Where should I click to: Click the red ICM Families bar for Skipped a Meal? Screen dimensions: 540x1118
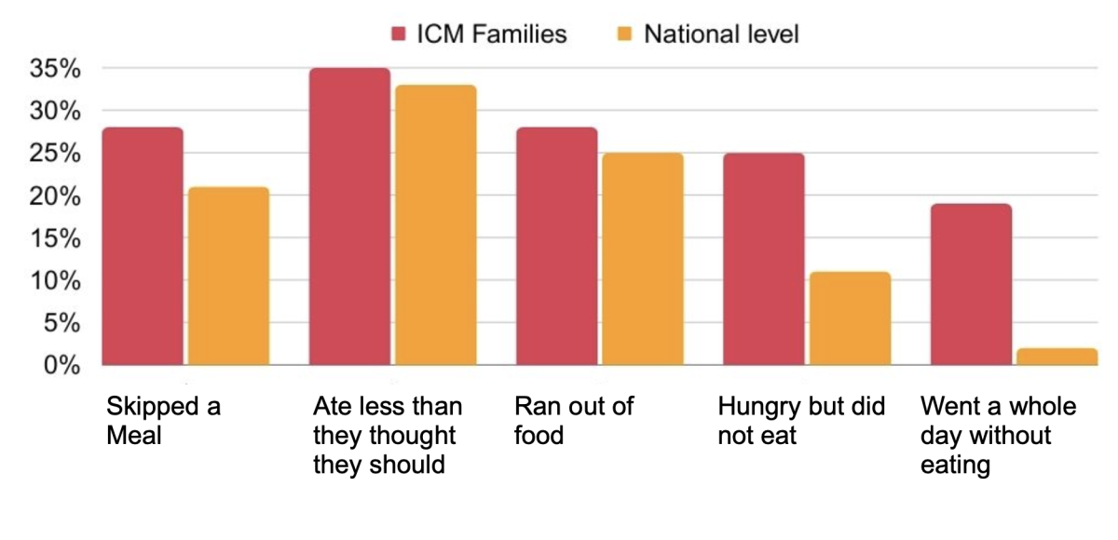[x=143, y=247]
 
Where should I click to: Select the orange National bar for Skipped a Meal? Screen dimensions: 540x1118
[x=228, y=277]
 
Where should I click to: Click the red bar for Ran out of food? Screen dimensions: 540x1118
[x=556, y=247]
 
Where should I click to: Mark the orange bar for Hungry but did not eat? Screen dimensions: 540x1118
[x=849, y=318]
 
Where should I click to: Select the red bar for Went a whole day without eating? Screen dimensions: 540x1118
[x=971, y=285]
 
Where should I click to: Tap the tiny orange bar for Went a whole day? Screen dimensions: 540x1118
[x=1057, y=357]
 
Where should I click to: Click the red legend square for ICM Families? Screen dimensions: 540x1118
[x=399, y=35]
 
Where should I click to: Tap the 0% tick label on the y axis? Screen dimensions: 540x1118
[x=63, y=366]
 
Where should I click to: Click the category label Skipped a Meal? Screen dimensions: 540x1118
[x=163, y=420]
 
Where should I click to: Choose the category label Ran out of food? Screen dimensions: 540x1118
[x=574, y=420]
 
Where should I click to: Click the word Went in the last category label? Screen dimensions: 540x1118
[x=948, y=407]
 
